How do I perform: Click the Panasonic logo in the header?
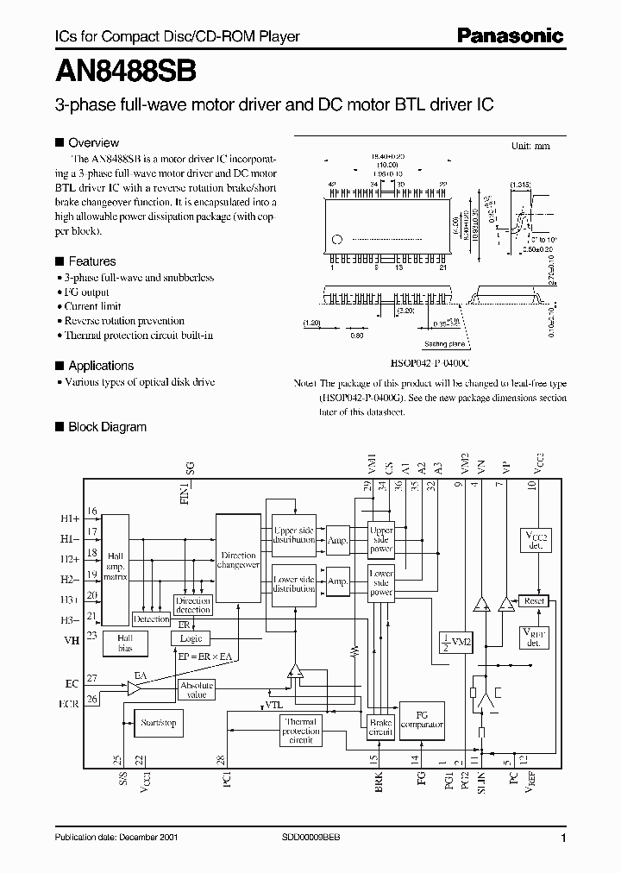click(x=510, y=35)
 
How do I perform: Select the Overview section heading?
click(x=93, y=142)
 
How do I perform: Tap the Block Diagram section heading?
click(x=107, y=427)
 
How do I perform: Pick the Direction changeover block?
click(x=238, y=561)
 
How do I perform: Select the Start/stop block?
click(x=158, y=723)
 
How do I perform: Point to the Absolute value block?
click(x=197, y=689)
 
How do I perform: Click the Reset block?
click(x=534, y=600)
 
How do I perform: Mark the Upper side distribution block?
click(x=294, y=535)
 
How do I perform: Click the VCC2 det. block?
click(x=535, y=540)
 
